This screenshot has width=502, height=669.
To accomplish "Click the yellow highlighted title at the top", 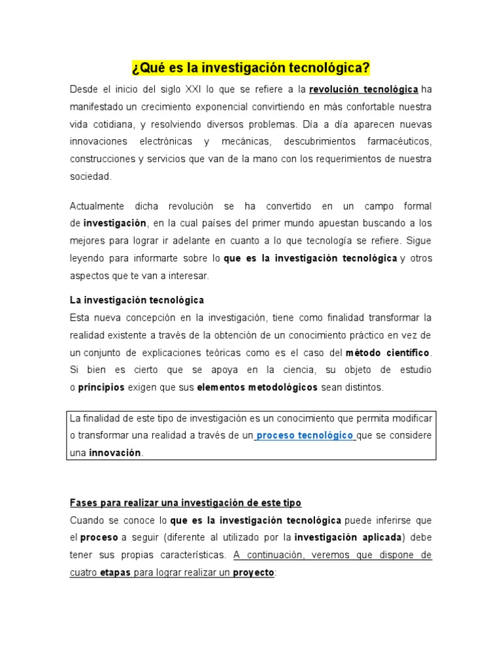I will pos(251,68).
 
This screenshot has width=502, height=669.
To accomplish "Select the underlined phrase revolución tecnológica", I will pos(363,89).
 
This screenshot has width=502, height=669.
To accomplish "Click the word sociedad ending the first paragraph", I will pos(91,176).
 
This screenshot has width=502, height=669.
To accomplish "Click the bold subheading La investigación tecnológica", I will pos(137,300).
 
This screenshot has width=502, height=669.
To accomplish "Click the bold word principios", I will pos(101,387).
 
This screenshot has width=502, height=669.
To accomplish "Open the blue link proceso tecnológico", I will pos(305,436).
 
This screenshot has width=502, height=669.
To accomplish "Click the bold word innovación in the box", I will pos(115,453).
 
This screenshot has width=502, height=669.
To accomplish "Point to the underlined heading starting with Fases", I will pos(186,503).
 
